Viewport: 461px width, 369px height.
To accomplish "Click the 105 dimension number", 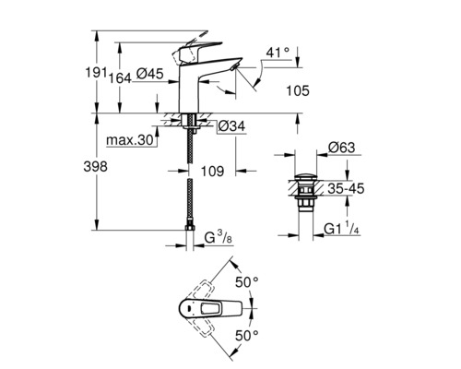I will coord(292,90).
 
